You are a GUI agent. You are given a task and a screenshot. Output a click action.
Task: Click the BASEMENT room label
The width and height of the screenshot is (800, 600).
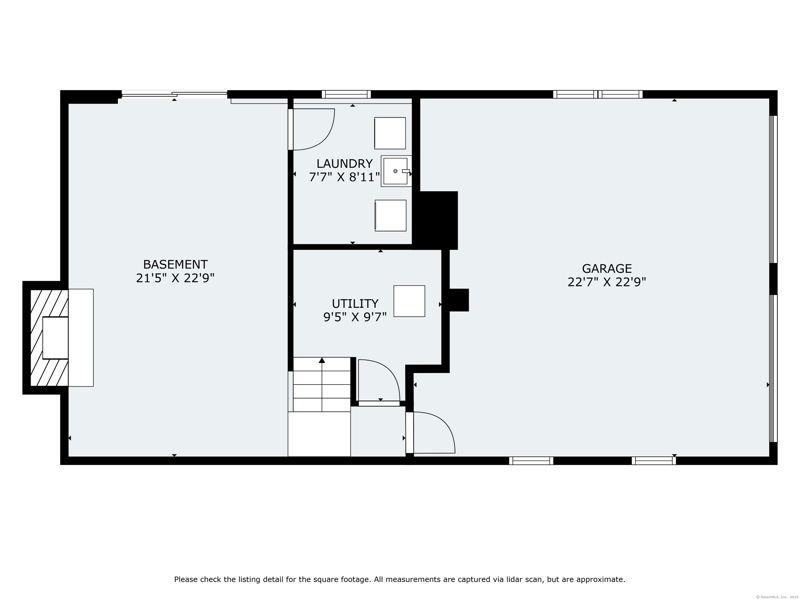(x=176, y=264)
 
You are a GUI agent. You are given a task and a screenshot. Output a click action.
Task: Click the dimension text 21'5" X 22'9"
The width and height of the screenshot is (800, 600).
(x=176, y=278)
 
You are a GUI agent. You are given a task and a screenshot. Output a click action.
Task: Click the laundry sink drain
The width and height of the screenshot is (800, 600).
(x=395, y=171)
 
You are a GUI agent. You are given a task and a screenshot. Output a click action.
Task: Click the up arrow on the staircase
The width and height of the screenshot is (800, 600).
(x=322, y=360)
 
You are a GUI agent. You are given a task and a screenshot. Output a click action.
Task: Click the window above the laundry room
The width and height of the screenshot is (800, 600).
(x=346, y=94)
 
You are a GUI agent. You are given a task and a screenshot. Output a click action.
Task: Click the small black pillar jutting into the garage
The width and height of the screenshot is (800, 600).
(x=459, y=300)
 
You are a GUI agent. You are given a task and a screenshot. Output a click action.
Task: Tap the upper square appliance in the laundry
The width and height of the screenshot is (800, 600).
(x=390, y=133)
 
